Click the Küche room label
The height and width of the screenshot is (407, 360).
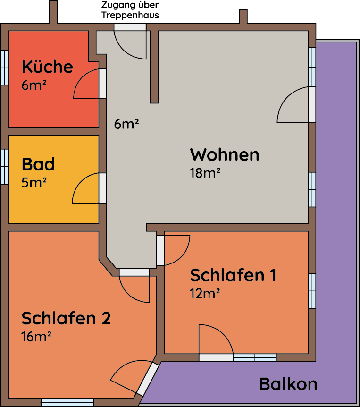[48, 67]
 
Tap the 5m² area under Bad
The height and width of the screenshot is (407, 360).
[34, 182]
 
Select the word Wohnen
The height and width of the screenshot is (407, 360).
[225, 155]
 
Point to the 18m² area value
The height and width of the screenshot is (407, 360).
[205, 173]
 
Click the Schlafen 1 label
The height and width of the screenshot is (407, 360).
[233, 275]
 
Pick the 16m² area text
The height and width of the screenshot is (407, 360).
[36, 336]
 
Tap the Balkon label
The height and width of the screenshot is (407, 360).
[288, 384]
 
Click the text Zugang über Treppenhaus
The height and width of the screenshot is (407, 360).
[130, 10]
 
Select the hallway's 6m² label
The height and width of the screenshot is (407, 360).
[126, 124]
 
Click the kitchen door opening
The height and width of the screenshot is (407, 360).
[103, 84]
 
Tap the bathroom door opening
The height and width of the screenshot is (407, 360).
[103, 188]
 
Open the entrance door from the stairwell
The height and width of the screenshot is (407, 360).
[130, 27]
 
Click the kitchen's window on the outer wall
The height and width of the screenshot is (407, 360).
[5, 68]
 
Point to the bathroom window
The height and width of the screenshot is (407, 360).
[5, 167]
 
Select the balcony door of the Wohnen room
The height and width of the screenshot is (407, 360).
[312, 105]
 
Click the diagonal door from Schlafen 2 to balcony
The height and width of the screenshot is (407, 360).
[148, 379]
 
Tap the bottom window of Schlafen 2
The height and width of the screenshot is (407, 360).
[67, 402]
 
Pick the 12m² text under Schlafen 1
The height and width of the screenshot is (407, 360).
[205, 293]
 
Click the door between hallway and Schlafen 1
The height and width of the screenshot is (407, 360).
[160, 251]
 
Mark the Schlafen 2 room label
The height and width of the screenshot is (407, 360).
[66, 318]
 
